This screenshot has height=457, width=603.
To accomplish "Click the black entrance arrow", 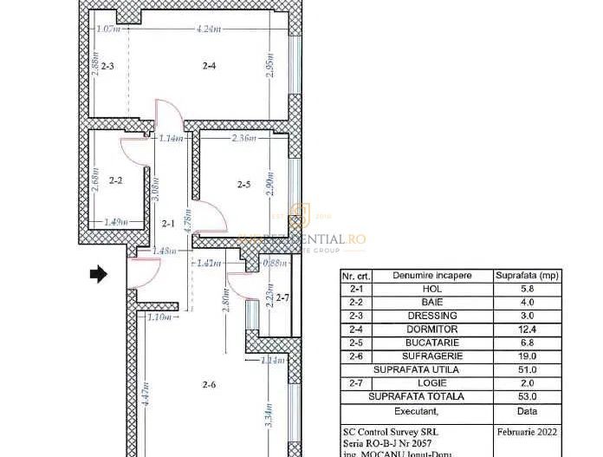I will point(98,274).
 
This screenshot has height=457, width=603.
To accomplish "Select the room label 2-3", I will point(107,66).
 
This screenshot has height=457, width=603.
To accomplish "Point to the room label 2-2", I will point(116,180).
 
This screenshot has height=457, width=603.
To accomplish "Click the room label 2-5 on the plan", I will point(243,184).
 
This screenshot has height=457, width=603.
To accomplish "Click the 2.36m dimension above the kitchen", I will point(244,138).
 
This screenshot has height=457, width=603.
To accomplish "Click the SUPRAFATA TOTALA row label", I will point(417,397).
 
